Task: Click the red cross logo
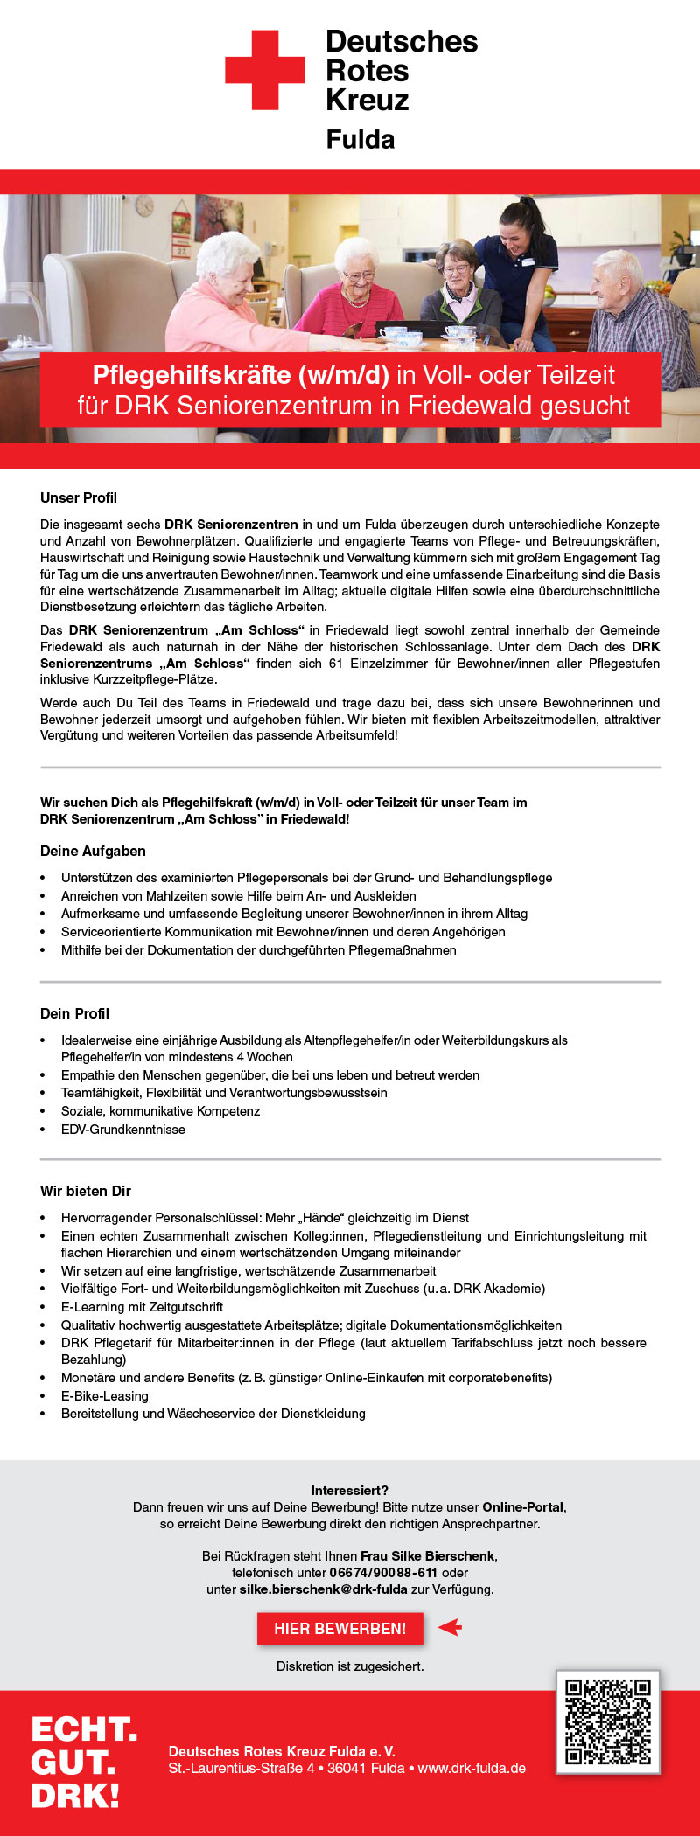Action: click(264, 70)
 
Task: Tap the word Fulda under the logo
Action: click(360, 140)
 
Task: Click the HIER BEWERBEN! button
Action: click(339, 1628)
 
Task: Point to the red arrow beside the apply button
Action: click(450, 1627)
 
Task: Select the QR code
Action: click(607, 1721)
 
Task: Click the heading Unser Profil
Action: click(79, 497)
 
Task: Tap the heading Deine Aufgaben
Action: click(93, 851)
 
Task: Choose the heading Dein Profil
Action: click(74, 1013)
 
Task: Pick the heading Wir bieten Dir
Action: click(86, 1191)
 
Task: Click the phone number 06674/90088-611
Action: click(383, 1572)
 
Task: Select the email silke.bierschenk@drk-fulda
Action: click(323, 1589)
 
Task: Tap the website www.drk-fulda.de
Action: click(472, 1768)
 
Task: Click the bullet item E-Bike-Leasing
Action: click(105, 1396)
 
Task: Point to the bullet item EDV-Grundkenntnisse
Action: click(123, 1130)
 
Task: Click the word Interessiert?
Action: click(350, 1490)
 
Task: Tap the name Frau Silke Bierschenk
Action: click(428, 1555)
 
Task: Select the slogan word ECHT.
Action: click(84, 1729)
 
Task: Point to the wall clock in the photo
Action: click(144, 205)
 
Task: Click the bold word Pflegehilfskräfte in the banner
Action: click(192, 375)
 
